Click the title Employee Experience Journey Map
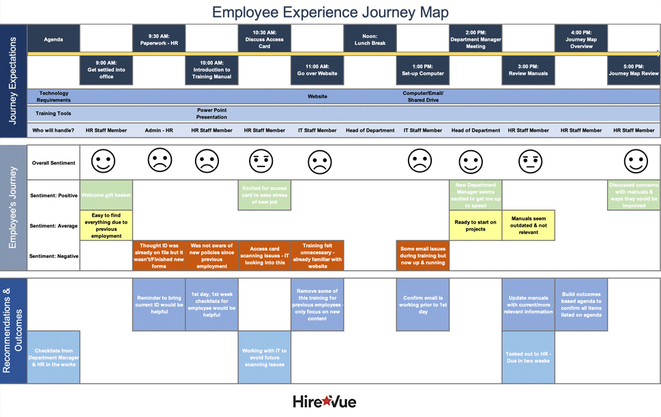(330, 12)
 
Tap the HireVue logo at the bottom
(325, 401)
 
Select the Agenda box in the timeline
(53, 39)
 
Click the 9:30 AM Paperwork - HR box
(159, 39)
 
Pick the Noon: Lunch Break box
(370, 39)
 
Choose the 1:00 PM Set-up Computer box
(423, 70)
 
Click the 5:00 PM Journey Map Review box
(634, 70)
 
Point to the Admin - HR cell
(159, 130)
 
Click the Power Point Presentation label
(211, 113)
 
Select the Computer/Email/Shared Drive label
(423, 96)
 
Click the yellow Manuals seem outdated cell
(529, 225)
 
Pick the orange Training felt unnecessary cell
(317, 255)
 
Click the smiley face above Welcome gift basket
(104, 162)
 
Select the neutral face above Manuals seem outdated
(529, 162)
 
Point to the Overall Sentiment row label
(53, 163)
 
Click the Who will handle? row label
(53, 130)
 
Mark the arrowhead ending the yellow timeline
(658, 53)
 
